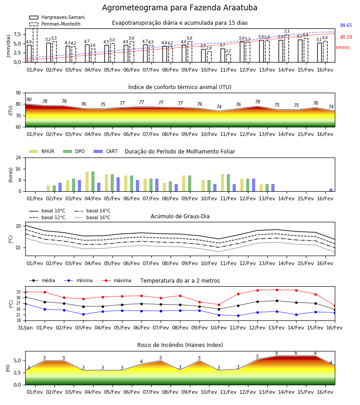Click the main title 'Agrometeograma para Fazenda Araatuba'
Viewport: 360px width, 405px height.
tap(180, 8)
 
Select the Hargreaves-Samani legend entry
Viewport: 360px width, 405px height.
tap(57, 17)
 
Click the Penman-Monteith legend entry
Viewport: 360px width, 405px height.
tap(55, 24)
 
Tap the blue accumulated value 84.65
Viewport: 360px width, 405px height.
tap(346, 25)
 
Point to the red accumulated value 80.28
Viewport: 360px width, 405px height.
tap(346, 37)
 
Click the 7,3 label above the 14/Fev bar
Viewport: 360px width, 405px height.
tap(287, 31)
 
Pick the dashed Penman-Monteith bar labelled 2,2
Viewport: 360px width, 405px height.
tap(229, 58)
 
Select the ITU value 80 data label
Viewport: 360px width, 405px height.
tap(29, 100)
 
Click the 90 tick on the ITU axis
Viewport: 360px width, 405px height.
tap(18, 93)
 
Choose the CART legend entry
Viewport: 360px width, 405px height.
tap(105, 151)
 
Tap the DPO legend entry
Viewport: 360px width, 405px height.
tap(74, 151)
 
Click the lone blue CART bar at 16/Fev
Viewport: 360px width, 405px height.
tap(331, 190)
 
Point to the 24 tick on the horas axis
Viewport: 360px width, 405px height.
tap(18, 157)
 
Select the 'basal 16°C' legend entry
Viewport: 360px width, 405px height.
tap(92, 217)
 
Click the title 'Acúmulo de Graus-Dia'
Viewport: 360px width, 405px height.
tap(180, 216)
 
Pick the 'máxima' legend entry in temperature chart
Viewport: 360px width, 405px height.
tap(116, 280)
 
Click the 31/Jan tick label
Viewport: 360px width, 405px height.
tap(25, 328)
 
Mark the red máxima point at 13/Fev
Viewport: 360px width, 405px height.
tap(277, 290)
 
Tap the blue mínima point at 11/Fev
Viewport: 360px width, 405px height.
tap(238, 315)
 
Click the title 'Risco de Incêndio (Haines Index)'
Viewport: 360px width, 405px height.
tap(180, 345)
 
